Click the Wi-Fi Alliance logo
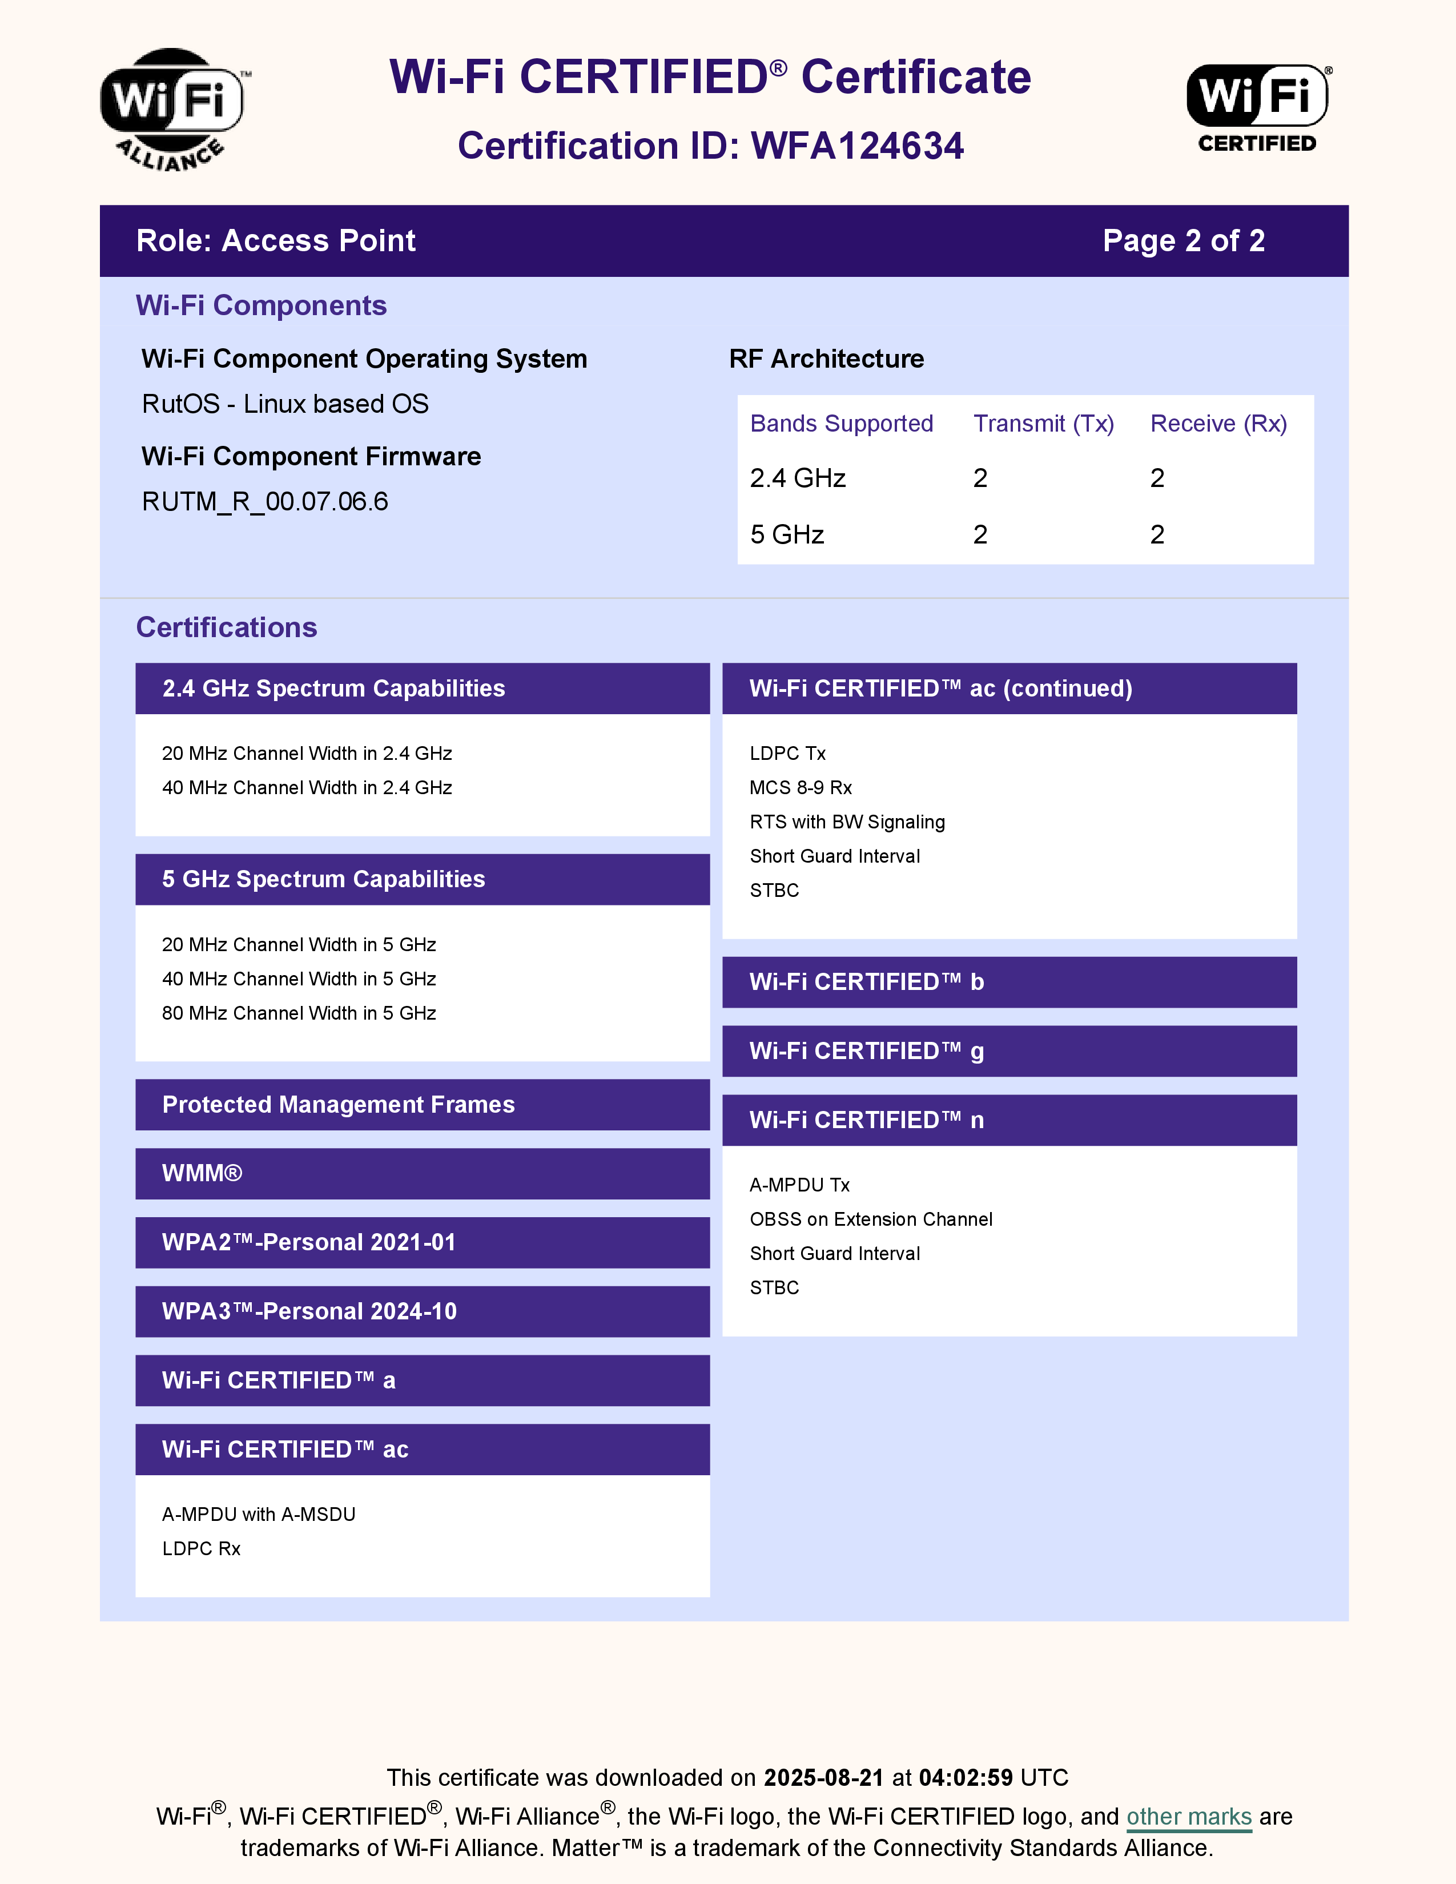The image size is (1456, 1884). (x=172, y=108)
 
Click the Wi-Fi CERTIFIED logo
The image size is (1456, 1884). (x=1258, y=108)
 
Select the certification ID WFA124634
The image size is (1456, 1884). (x=856, y=146)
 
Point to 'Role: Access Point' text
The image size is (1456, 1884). (x=275, y=241)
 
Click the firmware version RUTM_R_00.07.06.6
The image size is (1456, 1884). (x=265, y=501)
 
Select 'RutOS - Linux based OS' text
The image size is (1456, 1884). (x=285, y=404)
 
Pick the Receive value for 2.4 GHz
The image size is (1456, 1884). (x=1157, y=478)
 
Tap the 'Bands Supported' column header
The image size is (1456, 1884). (x=841, y=424)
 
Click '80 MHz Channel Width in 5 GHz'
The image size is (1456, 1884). (x=299, y=1013)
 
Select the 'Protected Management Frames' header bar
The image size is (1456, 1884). (x=423, y=1104)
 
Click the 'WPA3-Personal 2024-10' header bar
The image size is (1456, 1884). (x=423, y=1311)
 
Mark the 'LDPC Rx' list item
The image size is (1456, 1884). (x=201, y=1548)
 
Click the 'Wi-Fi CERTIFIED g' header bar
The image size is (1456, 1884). (x=1009, y=1050)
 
